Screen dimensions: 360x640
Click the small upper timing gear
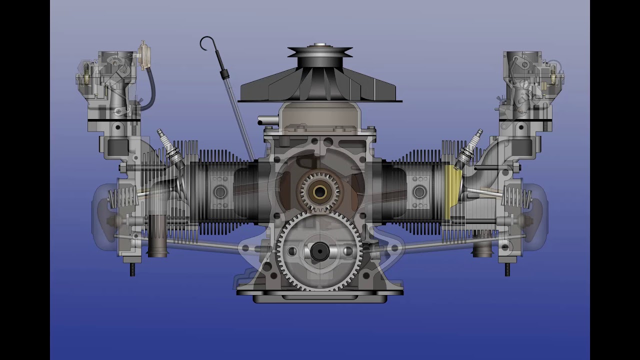(x=319, y=191)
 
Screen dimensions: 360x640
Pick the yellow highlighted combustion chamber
(x=451, y=192)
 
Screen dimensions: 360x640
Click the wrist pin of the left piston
(x=220, y=192)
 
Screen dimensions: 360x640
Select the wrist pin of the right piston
(x=419, y=192)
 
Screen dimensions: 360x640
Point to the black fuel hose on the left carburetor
(x=150, y=90)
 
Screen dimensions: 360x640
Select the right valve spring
(x=518, y=197)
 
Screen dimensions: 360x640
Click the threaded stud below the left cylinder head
(x=132, y=269)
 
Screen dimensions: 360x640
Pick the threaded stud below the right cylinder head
(x=507, y=269)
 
